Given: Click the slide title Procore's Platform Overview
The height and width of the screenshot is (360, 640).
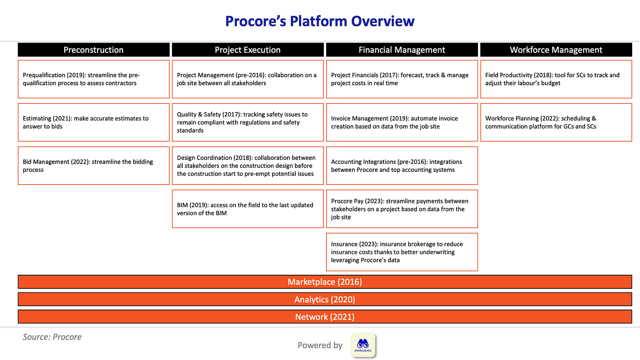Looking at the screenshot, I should click(x=320, y=21).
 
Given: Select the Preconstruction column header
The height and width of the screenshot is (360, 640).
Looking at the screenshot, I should click(x=94, y=50).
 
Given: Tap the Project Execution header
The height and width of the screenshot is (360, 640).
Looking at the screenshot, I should click(x=247, y=50).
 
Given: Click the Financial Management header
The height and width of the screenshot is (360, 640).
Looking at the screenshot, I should click(x=402, y=50).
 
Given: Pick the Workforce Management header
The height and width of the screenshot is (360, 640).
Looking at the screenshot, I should click(x=556, y=50).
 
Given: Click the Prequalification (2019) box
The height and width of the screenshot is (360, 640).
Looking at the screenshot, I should click(x=94, y=79).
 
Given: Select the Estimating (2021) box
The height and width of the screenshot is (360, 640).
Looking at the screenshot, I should click(x=94, y=122).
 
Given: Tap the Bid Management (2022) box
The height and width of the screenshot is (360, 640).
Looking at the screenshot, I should click(x=94, y=165).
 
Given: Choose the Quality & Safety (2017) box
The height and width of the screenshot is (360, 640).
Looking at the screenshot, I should click(x=247, y=122).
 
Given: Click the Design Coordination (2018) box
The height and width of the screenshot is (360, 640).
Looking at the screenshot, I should click(x=247, y=165).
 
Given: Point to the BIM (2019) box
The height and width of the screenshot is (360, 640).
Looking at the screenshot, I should click(x=247, y=209).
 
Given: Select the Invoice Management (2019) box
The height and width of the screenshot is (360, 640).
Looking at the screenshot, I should click(x=402, y=122).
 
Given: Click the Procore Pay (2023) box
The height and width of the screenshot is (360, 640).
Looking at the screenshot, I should click(x=402, y=209).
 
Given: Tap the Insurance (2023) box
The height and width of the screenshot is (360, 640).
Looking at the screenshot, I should click(x=402, y=252).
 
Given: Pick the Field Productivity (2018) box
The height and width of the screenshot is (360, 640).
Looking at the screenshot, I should click(x=556, y=79).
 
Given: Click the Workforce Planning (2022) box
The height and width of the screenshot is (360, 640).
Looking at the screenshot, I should click(x=556, y=122).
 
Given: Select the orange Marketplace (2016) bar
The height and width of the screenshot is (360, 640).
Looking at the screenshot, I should click(x=325, y=282).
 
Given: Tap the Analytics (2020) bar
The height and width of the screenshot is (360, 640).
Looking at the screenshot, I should click(x=325, y=299).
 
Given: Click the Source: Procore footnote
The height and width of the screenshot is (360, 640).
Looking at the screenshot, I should click(x=52, y=337).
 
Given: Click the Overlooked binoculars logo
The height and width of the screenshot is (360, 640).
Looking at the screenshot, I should click(x=363, y=345).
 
